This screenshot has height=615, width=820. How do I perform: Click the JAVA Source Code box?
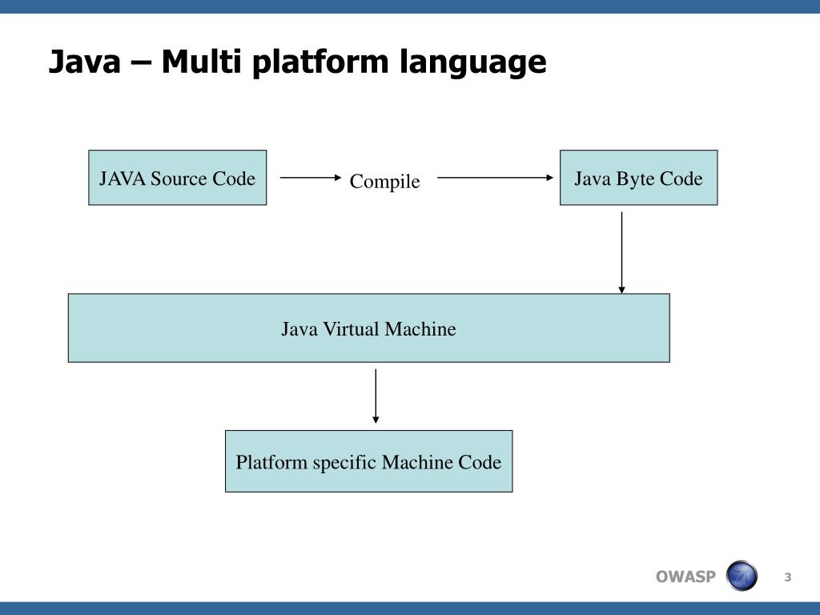point(177,178)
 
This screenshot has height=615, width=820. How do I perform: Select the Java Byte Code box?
point(638,178)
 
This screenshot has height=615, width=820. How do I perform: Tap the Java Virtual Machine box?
point(368,328)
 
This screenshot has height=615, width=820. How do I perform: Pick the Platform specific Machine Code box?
point(368,461)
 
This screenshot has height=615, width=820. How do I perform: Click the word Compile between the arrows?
point(385,182)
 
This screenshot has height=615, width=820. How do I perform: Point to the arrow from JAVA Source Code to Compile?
point(311,178)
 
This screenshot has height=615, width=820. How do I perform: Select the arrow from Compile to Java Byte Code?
point(495,178)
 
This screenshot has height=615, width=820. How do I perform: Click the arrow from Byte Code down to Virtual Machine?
point(621,252)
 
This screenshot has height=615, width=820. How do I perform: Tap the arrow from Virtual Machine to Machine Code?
point(376,396)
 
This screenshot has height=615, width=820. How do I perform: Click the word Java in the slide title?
point(85,61)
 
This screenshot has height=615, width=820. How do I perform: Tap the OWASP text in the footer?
point(685,577)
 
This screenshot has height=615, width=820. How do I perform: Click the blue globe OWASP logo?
point(742,576)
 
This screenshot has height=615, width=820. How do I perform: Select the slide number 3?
point(788,577)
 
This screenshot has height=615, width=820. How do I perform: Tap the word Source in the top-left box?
point(179,179)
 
